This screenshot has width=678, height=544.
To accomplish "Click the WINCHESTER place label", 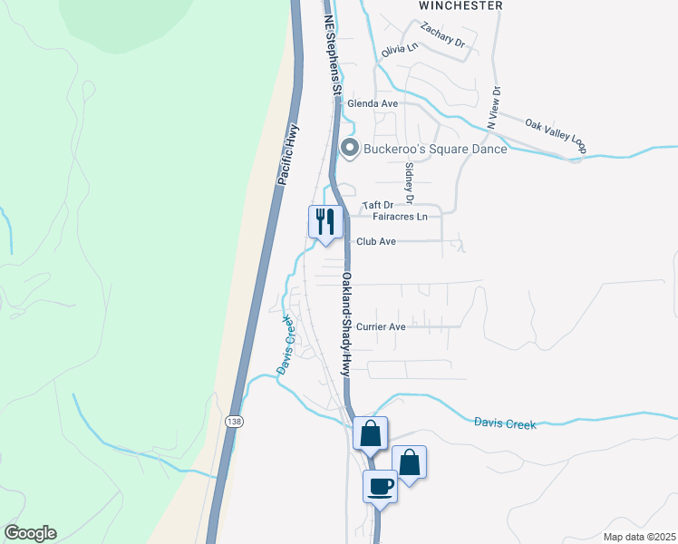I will click(460, 5).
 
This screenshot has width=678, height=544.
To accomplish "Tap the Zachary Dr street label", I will click(442, 44).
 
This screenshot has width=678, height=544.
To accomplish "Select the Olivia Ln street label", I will click(400, 51).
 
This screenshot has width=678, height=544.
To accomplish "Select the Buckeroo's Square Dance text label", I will click(436, 149).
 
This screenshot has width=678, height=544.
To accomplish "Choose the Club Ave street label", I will click(376, 242).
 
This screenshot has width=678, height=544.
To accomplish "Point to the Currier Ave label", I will click(381, 327).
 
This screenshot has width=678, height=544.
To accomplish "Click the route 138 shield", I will click(234, 423).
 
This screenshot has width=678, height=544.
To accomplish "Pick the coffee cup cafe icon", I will click(381, 486).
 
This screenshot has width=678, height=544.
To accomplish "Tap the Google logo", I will click(30, 533).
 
